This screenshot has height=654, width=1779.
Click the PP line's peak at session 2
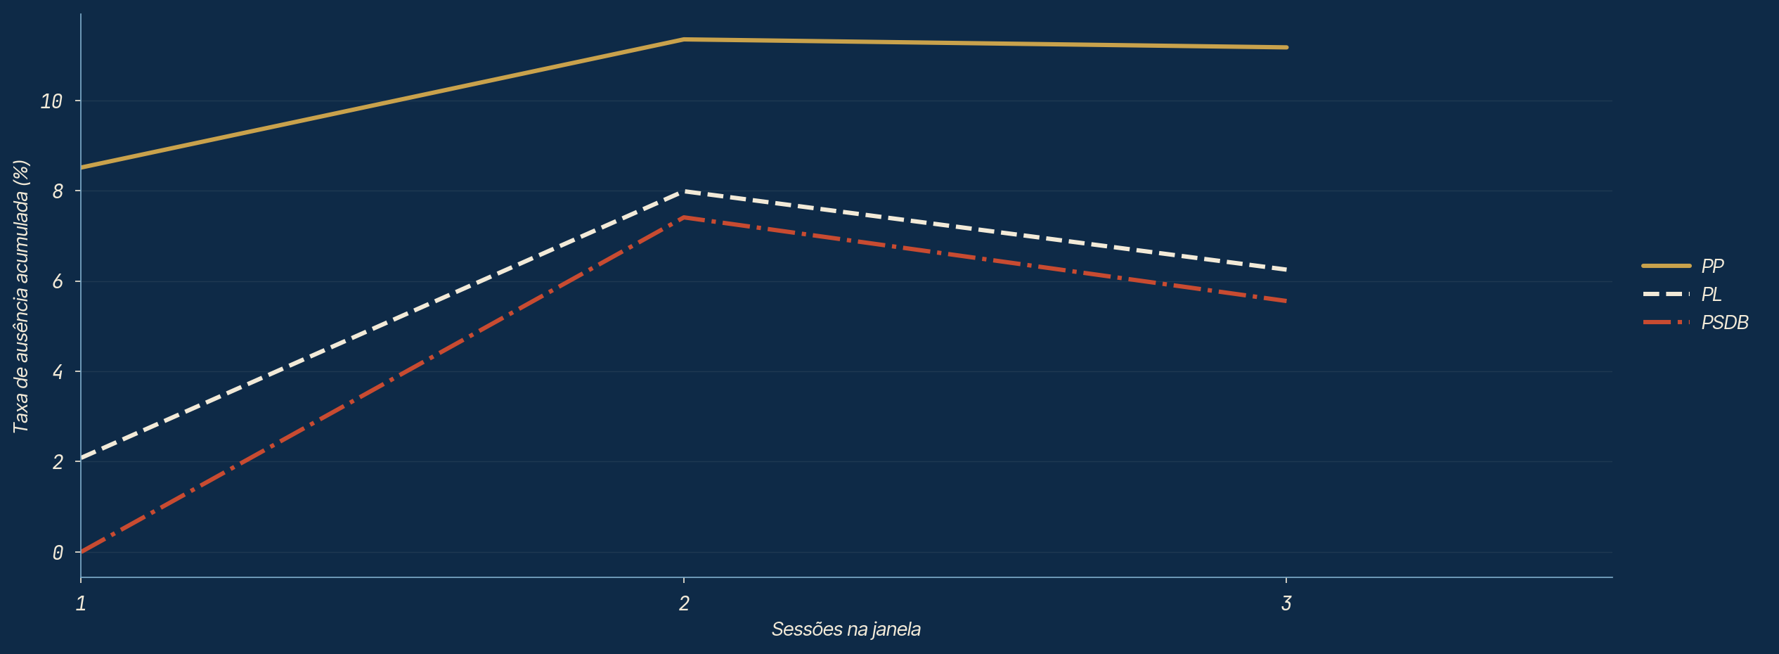tap(684, 39)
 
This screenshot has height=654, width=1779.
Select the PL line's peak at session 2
tap(684, 191)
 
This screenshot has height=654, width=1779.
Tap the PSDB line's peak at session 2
tap(684, 217)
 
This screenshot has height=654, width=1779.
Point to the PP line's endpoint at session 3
tap(1286, 47)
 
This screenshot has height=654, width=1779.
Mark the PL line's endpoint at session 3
tap(1286, 269)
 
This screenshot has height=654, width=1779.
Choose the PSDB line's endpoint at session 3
tap(1286, 301)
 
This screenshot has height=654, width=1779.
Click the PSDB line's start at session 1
tap(82, 552)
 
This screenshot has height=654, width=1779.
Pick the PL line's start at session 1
tap(82, 458)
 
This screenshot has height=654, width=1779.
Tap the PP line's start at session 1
tap(82, 167)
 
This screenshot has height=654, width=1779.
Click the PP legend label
tap(1712, 266)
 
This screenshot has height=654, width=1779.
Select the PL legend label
tap(1711, 294)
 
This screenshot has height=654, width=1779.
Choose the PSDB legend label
tap(1724, 322)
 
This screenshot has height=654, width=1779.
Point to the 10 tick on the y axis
tap(51, 101)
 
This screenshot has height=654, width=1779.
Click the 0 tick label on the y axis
tap(58, 553)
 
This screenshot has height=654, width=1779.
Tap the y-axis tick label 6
tap(58, 282)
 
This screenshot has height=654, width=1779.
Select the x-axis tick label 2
tap(684, 603)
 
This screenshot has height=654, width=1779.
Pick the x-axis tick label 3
tap(1286, 603)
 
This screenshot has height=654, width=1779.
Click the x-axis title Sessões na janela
tap(846, 629)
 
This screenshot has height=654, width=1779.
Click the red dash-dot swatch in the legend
tap(1666, 322)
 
